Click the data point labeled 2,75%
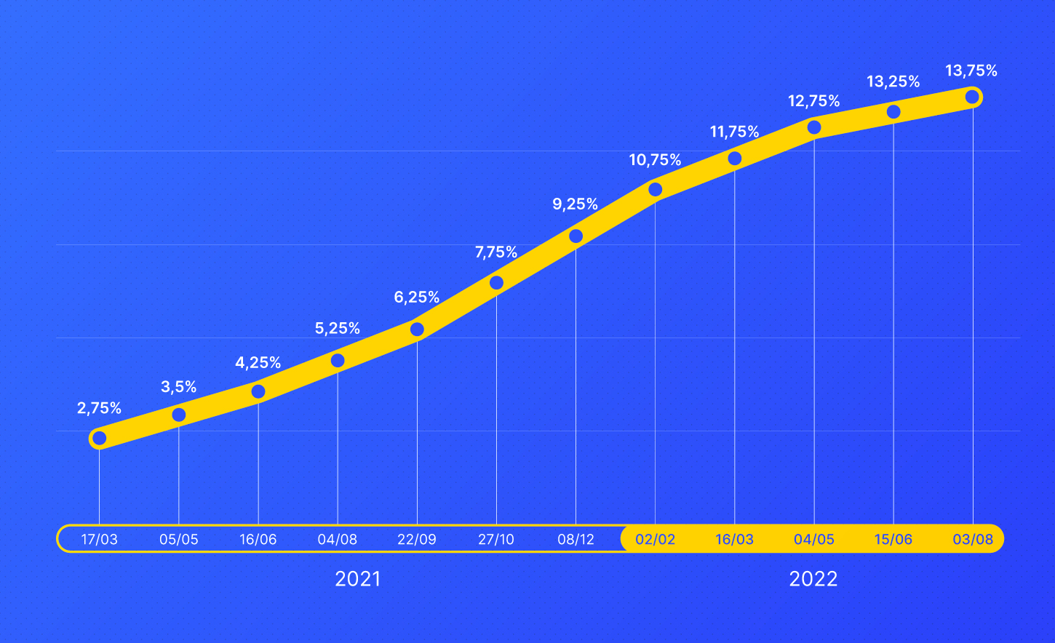(x=100, y=438)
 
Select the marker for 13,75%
(x=972, y=97)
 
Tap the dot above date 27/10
(x=496, y=282)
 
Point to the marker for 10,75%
(x=655, y=190)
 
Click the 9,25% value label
(x=575, y=204)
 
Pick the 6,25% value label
(x=417, y=297)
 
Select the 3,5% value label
(x=179, y=387)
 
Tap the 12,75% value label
(x=814, y=101)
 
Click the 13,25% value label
(x=893, y=82)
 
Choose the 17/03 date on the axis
(x=100, y=540)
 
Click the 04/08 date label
(x=338, y=540)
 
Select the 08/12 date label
(x=576, y=540)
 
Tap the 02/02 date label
(x=655, y=540)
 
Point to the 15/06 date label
(x=893, y=540)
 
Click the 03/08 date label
(x=973, y=540)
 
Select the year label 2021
(x=357, y=579)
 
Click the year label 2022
(x=813, y=579)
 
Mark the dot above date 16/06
(x=258, y=391)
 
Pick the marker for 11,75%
(x=735, y=159)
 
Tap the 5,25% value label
(x=338, y=329)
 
